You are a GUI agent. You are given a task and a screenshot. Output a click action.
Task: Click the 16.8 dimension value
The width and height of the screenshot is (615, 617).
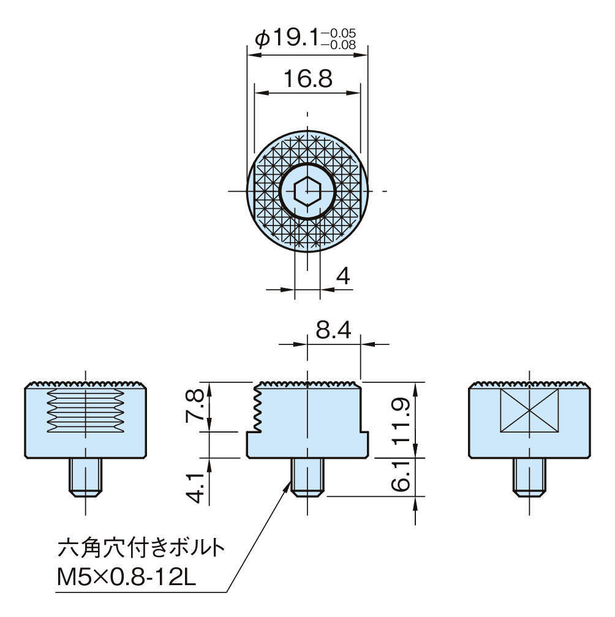(307, 78)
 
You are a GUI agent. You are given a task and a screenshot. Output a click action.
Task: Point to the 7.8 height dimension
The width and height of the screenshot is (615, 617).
(194, 406)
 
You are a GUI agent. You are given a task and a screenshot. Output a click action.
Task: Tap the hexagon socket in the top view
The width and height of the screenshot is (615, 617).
(306, 191)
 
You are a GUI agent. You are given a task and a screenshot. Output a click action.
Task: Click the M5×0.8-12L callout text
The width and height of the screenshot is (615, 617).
(126, 577)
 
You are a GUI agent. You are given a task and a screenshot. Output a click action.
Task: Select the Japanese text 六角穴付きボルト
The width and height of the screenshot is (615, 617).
(140, 547)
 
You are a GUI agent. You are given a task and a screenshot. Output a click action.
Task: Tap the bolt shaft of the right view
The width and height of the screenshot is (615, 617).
(529, 476)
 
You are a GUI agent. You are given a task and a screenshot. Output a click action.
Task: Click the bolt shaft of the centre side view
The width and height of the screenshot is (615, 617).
(307, 476)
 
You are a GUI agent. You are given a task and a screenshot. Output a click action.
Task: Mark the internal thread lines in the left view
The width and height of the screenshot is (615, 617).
(86, 409)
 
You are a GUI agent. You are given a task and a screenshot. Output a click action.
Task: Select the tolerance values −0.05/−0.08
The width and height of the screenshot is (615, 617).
(342, 38)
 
